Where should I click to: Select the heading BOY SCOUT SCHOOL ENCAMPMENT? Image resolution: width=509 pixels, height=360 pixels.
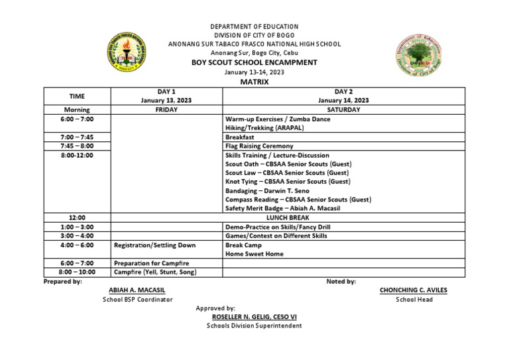click(254, 62)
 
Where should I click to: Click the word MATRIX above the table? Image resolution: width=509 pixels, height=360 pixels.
click(254, 82)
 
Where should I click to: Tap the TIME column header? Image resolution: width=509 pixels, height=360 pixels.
click(77, 95)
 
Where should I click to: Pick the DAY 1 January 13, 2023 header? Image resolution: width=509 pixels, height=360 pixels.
click(166, 95)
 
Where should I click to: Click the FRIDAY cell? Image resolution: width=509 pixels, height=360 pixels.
click(166, 109)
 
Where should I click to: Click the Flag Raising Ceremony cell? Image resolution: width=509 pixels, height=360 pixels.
click(259, 146)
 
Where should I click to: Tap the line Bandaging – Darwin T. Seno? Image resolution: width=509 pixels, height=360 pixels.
click(267, 190)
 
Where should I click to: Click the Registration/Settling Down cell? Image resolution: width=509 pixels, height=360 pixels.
click(154, 245)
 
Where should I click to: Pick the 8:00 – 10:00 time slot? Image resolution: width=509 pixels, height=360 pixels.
click(77, 272)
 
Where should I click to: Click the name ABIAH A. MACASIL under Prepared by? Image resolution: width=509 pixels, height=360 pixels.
click(137, 290)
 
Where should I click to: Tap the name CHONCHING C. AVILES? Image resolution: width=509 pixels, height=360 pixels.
click(414, 290)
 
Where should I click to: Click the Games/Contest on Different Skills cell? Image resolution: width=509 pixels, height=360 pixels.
click(276, 235)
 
